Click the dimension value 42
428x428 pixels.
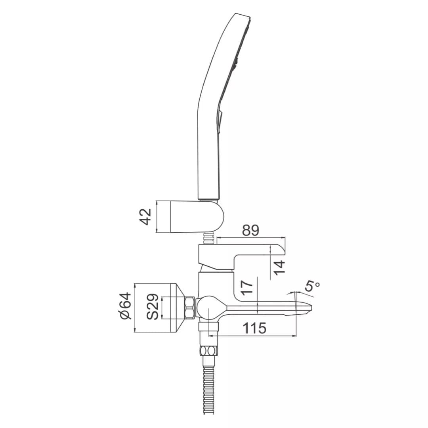pyautogui.click(x=146, y=217)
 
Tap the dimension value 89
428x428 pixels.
pyautogui.click(x=250, y=231)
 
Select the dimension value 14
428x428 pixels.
pyautogui.click(x=279, y=268)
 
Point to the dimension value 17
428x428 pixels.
pyautogui.click(x=247, y=287)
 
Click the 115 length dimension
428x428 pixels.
pyautogui.click(x=254, y=328)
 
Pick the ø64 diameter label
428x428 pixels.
pyautogui.click(x=126, y=306)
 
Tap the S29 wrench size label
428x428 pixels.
pyautogui.click(x=152, y=306)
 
